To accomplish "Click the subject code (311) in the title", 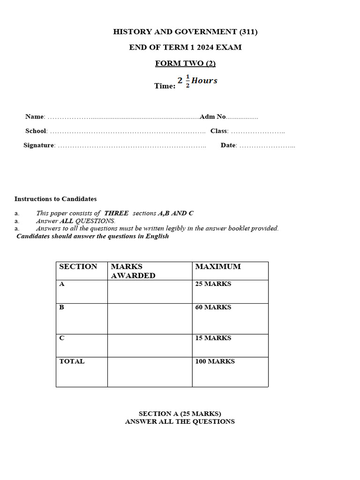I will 248,32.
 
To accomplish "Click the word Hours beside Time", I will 204,81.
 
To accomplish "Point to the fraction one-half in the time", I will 188,81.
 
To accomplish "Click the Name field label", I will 34,117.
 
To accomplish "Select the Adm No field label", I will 213,117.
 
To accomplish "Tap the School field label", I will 36,131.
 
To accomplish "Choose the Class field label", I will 219,131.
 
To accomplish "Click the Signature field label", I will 39,145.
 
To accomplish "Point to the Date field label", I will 228,145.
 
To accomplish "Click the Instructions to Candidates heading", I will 55,199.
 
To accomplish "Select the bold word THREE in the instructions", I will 116,213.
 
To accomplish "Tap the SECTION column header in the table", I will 78,267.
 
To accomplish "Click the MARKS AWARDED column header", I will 133,271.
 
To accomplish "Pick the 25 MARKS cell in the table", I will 213,284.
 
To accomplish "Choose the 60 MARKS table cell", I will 213,307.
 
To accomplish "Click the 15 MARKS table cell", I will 213,338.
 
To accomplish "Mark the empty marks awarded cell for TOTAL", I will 150,372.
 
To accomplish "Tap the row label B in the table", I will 62,307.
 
